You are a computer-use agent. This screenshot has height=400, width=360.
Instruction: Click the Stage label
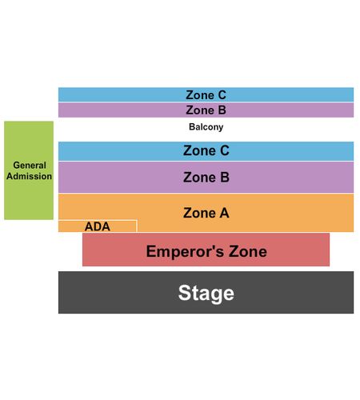206,293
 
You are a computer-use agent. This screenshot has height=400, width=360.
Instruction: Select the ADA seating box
98,226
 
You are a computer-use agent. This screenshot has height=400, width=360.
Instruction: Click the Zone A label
206,213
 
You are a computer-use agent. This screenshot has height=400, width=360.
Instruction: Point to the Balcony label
206,127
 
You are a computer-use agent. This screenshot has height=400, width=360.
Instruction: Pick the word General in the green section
30,165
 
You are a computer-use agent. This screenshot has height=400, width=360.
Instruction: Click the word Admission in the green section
29,176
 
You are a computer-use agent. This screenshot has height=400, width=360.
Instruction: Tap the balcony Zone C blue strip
206,94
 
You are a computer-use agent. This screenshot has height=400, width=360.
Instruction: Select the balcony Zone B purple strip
206,110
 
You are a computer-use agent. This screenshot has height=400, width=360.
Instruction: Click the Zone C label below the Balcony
206,150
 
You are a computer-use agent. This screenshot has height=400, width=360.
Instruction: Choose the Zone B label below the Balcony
206,178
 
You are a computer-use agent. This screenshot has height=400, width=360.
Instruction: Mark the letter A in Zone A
224,213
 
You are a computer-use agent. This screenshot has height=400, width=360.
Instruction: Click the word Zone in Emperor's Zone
248,251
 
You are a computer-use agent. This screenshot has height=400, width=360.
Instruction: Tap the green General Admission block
29,170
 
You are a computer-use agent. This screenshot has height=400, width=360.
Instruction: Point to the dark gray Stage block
206,293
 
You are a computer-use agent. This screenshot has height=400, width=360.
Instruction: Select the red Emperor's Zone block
206,250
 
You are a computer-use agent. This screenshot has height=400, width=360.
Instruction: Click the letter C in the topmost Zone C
222,95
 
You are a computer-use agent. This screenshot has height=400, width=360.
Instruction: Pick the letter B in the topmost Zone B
222,110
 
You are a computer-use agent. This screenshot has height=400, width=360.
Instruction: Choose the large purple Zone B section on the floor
206,178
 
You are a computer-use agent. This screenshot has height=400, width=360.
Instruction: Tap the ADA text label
98,226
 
